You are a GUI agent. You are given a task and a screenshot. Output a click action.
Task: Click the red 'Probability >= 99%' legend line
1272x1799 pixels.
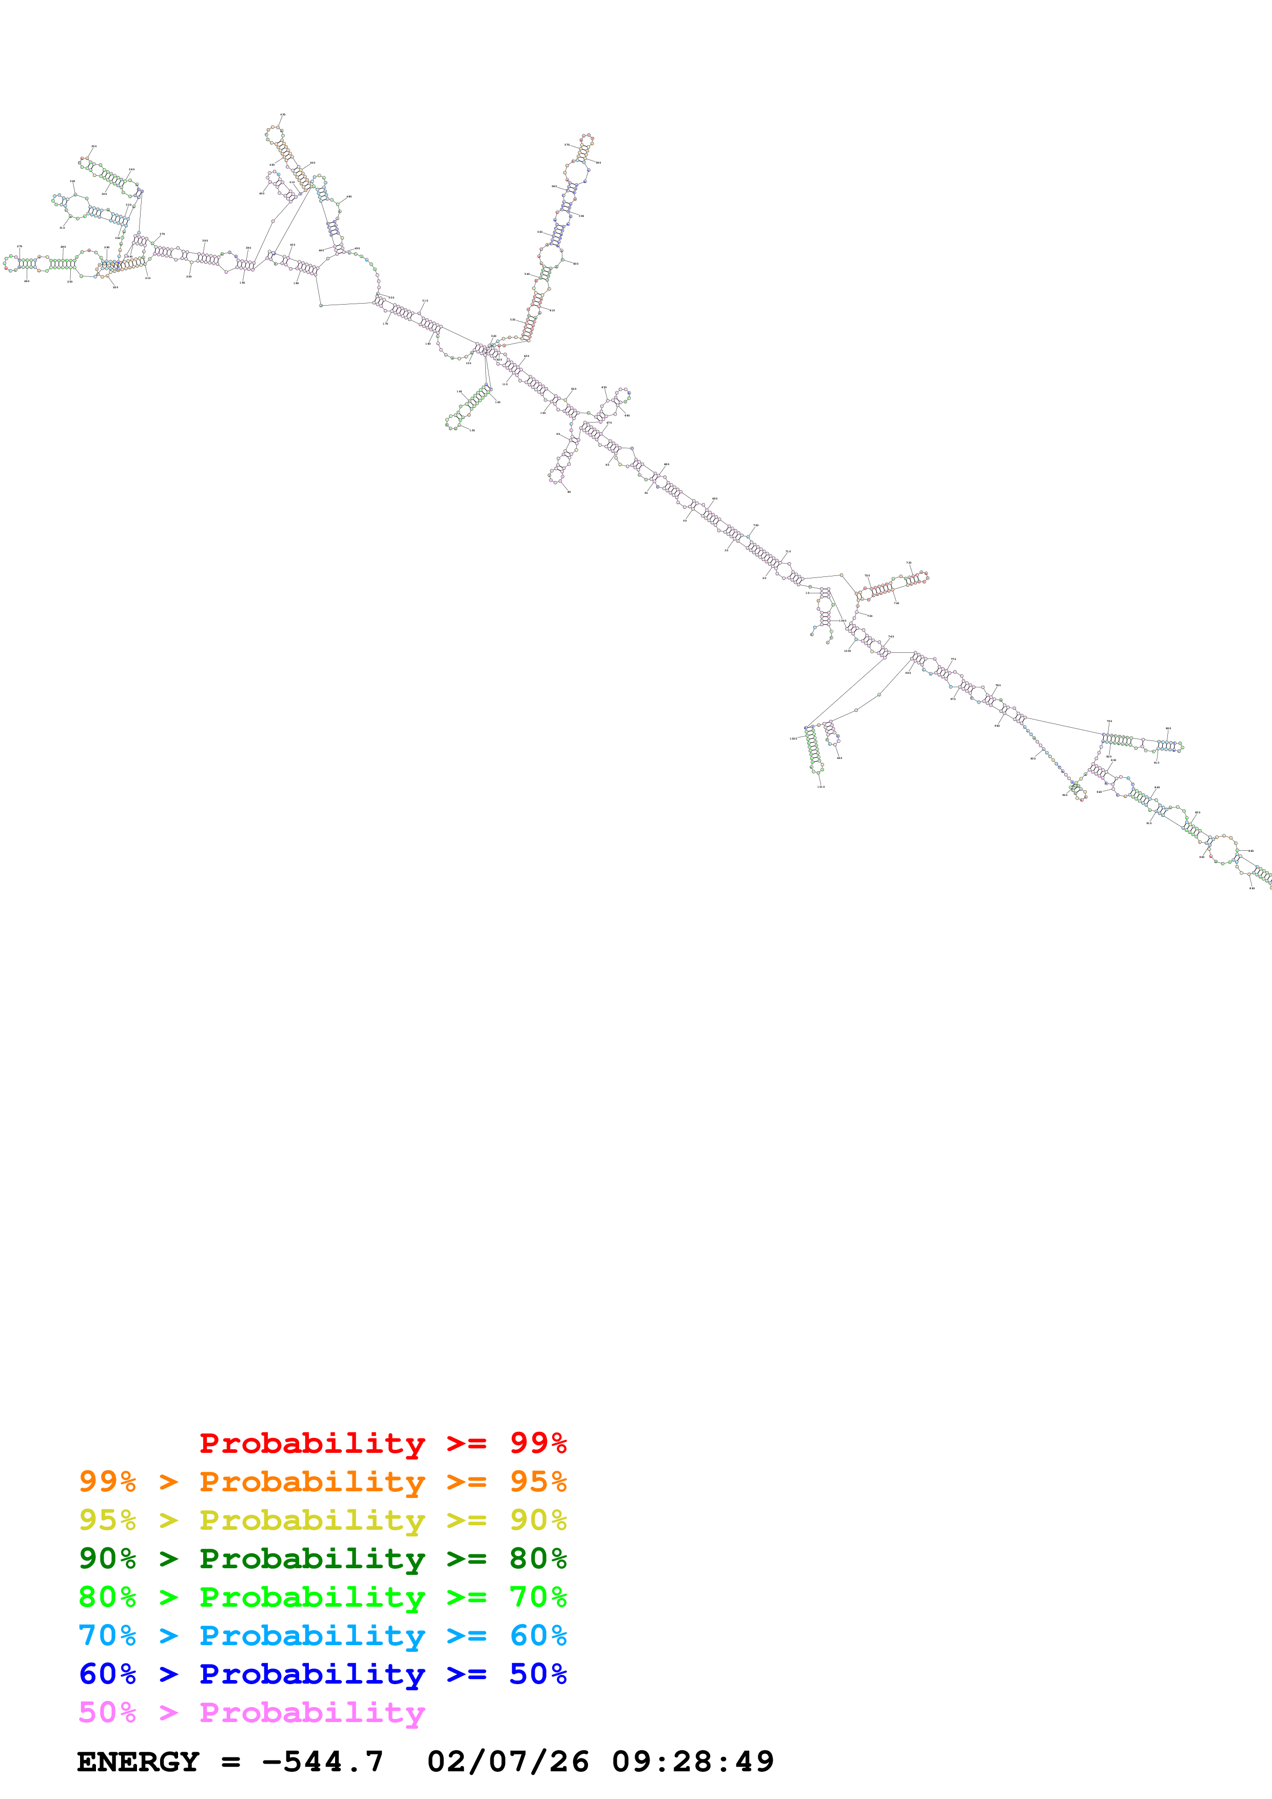point(382,1443)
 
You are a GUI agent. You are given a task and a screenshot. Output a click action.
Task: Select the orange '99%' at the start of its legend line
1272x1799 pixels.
point(107,1481)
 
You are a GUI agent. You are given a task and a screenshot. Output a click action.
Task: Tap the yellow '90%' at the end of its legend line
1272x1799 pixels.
point(538,1520)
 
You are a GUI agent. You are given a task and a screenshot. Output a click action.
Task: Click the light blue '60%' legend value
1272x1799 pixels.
point(538,1635)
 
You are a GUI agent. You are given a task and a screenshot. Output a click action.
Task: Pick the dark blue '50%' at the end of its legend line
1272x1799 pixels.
point(538,1674)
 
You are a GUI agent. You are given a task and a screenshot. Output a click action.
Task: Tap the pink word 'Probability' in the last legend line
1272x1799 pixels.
point(312,1712)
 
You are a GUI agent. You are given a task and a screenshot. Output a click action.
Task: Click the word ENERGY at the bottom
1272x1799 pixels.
point(138,1762)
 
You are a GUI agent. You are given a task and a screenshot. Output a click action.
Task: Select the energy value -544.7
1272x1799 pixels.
point(322,1762)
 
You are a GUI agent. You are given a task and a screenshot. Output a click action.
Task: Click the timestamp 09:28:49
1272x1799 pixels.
point(692,1762)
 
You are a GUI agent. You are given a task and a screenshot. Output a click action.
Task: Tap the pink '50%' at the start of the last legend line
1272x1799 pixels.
point(107,1712)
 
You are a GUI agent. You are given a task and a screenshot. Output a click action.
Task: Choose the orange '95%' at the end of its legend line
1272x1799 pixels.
point(538,1481)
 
